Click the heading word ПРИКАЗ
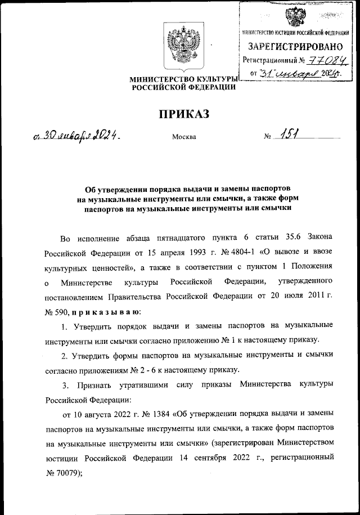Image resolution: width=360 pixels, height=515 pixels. coord(183,115)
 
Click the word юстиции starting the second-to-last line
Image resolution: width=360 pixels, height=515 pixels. coord(59,458)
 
